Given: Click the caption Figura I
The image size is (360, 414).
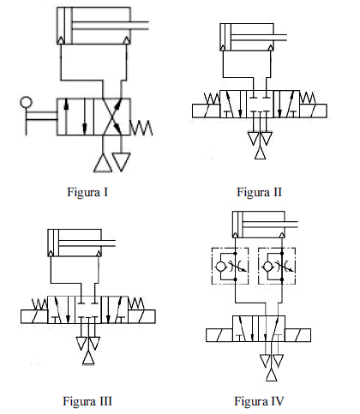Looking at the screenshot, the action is coord(87,192).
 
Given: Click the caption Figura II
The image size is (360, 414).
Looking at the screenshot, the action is coord(259,192).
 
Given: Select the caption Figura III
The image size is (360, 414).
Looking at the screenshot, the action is coord(87,401).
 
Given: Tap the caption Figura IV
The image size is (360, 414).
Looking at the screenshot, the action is coord(259,401).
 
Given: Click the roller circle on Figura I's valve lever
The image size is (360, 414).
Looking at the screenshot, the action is coord(26,102).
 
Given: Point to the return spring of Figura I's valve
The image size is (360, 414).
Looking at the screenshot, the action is coord(141,128).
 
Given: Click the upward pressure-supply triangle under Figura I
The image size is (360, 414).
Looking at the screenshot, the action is coord(103,163).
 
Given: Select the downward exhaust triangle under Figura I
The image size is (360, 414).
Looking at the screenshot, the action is coord(121,162).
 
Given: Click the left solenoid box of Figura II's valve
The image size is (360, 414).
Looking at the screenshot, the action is coord(206,111).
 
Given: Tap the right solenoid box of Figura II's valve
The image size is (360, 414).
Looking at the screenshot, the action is coord(313,111).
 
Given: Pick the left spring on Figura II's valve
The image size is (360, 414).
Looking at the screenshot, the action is coord(212,98).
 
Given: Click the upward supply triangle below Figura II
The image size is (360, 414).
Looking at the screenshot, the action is coord(260,152).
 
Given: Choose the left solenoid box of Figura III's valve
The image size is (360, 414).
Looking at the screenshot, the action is coord(34,316).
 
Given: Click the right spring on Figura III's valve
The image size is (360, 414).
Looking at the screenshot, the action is coord(136,303).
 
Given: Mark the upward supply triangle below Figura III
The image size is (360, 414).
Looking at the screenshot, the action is coord(88,358).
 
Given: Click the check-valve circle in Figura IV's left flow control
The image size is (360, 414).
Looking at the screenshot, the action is coord(220,267).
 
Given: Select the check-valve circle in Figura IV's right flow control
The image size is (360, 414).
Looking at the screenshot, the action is coord(267,267).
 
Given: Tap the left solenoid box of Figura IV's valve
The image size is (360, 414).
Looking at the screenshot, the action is coord(219,335).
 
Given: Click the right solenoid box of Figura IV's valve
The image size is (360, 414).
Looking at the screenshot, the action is coord(297,335).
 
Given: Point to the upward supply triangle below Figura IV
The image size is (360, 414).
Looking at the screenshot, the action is coord(272,375).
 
